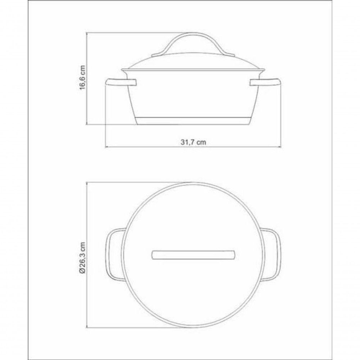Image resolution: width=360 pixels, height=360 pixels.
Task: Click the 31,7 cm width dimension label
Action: click(193, 142)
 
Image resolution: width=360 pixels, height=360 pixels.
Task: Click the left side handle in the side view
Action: click(121, 83)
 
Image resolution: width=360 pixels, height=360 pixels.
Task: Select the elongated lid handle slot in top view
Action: click(193, 255)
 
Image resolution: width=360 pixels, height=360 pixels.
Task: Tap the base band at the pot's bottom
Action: click(193, 121)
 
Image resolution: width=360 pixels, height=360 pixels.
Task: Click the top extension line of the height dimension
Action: click(137, 32)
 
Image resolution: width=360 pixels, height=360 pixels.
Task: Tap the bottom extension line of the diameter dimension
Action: click(137, 328)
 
